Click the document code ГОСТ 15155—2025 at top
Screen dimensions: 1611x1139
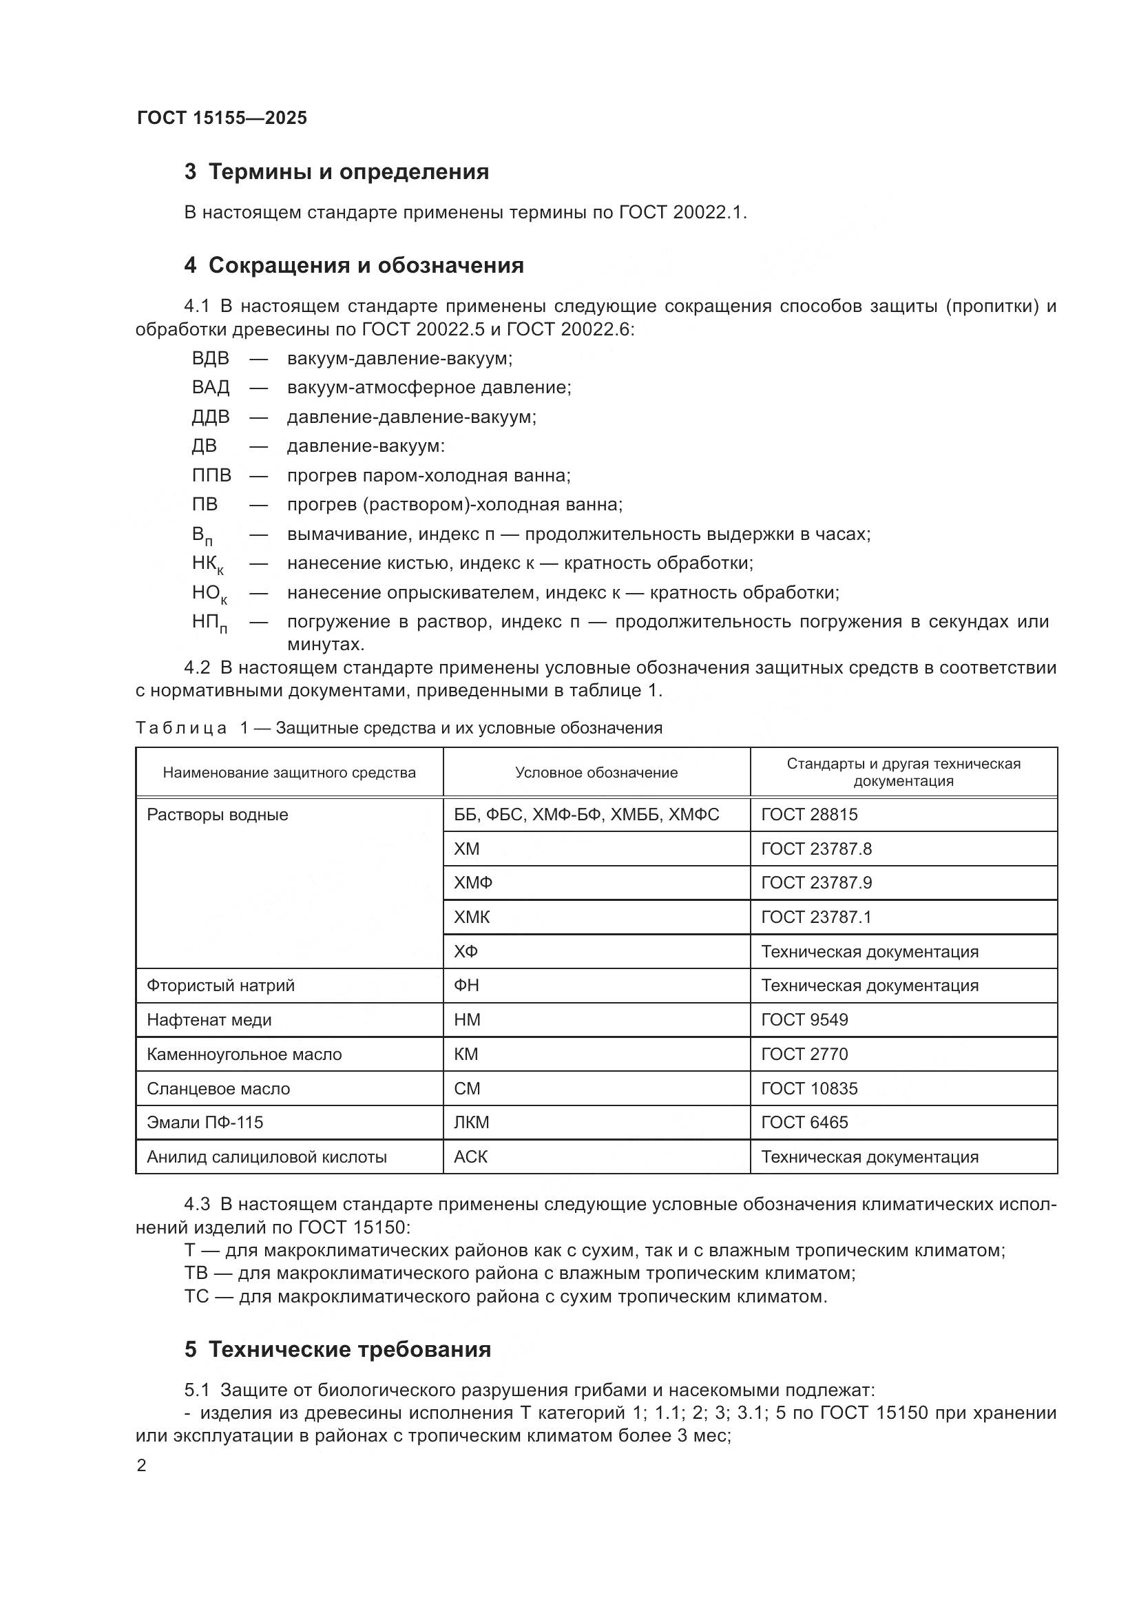point(222,118)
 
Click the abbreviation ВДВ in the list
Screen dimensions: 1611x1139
point(211,359)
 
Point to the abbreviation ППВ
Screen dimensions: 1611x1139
point(211,476)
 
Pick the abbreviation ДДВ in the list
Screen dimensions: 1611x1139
point(211,417)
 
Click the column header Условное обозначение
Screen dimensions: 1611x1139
point(596,773)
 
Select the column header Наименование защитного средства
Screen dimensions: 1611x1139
point(289,773)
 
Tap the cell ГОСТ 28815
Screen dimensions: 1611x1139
point(809,815)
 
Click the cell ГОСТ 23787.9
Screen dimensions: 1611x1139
point(817,883)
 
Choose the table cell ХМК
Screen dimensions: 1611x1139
point(471,917)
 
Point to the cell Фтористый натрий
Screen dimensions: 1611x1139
point(220,986)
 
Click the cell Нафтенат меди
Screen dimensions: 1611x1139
point(209,1020)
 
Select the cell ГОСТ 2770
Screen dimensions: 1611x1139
point(804,1054)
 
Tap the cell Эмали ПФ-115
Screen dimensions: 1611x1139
point(205,1123)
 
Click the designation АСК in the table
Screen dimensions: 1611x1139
point(470,1157)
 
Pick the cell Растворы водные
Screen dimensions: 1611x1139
point(218,815)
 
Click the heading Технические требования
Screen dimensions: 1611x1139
point(349,1350)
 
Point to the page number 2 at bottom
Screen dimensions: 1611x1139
point(142,1466)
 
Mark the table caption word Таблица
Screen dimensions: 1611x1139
point(181,728)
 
